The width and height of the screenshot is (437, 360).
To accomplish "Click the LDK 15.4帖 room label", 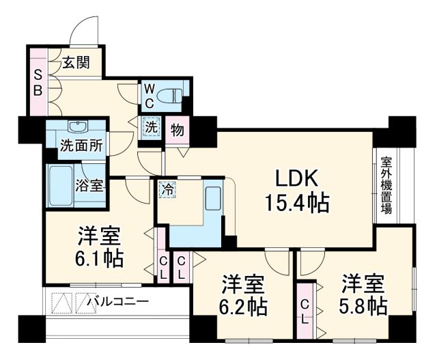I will pos(297,191).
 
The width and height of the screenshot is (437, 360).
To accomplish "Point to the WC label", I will pos(149,96).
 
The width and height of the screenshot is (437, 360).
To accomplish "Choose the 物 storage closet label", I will pos(175,128).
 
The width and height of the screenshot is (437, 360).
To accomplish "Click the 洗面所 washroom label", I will pos(81,146).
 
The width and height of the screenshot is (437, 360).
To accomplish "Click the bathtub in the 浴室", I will pos(67,183).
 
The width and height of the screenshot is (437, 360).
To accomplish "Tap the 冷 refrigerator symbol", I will pos(167,189).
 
